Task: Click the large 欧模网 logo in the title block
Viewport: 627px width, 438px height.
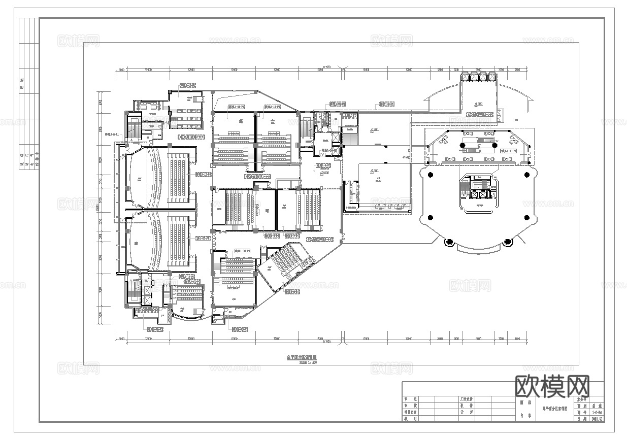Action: click(x=552, y=387)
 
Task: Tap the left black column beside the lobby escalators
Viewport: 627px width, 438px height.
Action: click(x=463, y=146)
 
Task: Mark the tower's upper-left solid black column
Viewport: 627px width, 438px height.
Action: click(x=431, y=175)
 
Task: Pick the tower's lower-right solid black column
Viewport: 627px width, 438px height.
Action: click(x=526, y=218)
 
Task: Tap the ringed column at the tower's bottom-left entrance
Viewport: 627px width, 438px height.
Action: click(x=449, y=242)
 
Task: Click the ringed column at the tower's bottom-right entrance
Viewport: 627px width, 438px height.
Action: click(x=507, y=242)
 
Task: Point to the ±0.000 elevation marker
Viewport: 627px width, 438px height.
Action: click(x=323, y=173)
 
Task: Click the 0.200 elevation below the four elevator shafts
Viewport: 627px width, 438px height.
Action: click(x=478, y=104)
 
